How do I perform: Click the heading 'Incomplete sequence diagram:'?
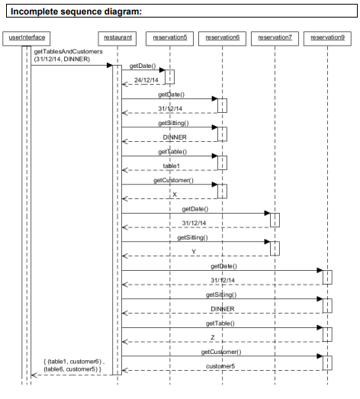tap(76, 11)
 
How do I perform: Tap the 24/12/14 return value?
tap(146, 80)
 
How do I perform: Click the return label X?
tap(175, 195)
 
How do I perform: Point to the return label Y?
tap(194, 252)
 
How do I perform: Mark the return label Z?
tap(213, 337)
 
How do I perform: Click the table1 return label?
tap(171, 166)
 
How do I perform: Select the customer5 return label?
tap(220, 366)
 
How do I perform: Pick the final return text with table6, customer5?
tap(74, 365)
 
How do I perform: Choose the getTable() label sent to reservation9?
tap(220, 323)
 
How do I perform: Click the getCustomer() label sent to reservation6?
tap(173, 180)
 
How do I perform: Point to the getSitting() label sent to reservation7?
tap(192, 237)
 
